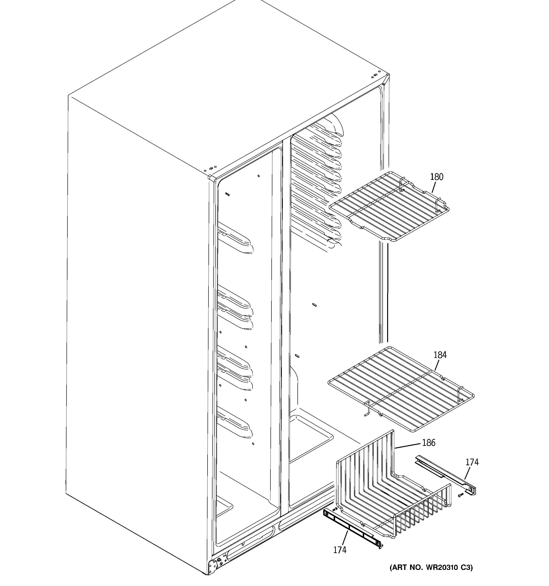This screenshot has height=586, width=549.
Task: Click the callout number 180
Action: click(436, 177)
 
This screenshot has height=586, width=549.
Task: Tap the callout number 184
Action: click(440, 355)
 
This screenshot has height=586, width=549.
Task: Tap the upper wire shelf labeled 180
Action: click(389, 206)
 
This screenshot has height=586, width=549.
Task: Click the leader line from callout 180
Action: click(434, 187)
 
